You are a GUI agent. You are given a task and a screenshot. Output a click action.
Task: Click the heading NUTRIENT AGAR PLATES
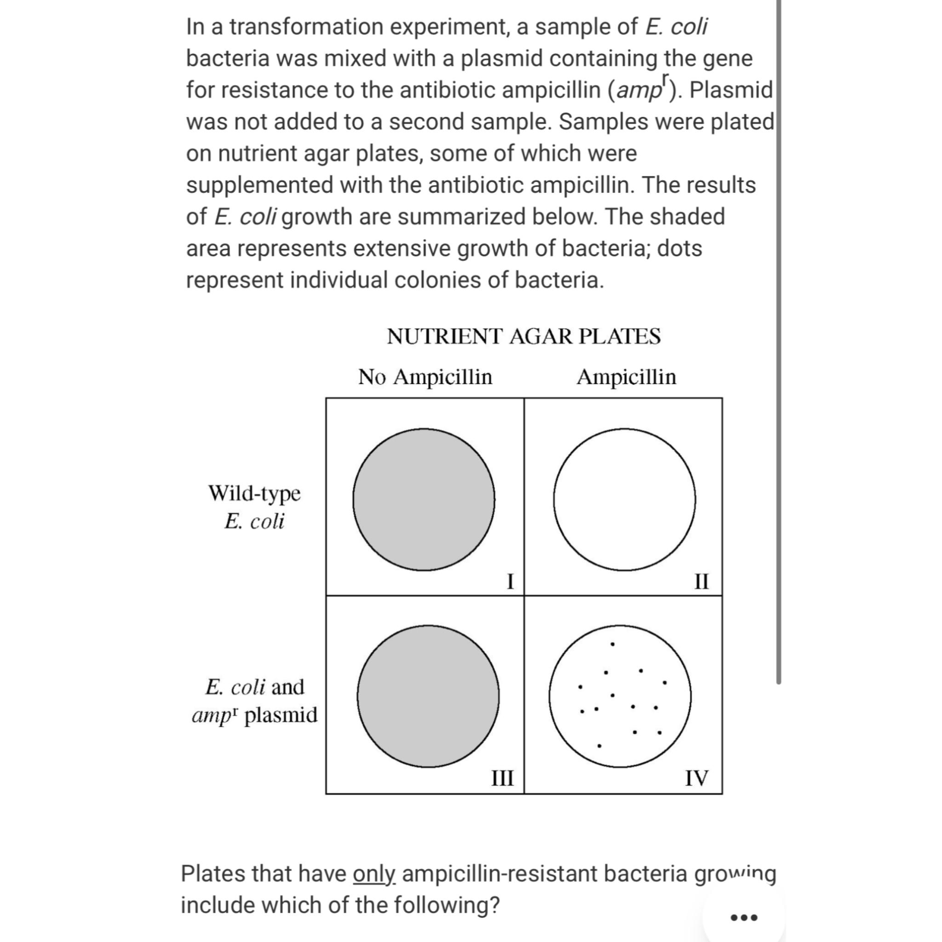coord(523,336)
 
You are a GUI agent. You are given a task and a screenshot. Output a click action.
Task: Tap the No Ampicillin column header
coord(425,377)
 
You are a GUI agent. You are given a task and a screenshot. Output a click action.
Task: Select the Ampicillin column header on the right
coord(626,377)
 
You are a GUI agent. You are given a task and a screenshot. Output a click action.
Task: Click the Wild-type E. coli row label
coord(254,506)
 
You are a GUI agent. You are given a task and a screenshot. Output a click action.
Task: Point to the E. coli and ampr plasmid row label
coord(254,701)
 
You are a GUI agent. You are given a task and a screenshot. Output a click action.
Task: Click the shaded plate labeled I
coord(424,499)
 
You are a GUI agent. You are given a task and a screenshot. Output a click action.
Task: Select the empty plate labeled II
coord(624,499)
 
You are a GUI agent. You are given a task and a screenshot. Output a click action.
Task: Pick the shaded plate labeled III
coord(428,696)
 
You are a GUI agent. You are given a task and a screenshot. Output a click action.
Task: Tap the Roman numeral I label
coord(510,581)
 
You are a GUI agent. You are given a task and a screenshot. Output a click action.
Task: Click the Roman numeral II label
coord(701,581)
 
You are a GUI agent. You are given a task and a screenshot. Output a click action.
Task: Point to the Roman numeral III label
coord(502,778)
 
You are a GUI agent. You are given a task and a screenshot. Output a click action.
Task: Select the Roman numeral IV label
coord(696,778)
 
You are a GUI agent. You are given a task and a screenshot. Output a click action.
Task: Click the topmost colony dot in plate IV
coord(613,644)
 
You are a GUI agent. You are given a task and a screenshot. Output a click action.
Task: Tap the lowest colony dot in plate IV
coord(599,746)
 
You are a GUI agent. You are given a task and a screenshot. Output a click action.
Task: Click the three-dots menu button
coord(744,918)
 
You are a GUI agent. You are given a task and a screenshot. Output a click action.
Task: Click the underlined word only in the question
coord(374,874)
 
